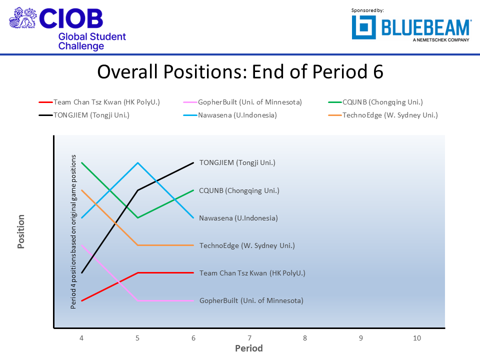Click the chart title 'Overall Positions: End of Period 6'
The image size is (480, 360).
pyautogui.click(x=240, y=72)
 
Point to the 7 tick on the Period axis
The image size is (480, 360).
pyautogui.click(x=249, y=338)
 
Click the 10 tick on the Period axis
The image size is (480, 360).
pyautogui.click(x=417, y=338)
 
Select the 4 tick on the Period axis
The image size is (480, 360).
pyautogui.click(x=81, y=338)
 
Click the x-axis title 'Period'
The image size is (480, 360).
pyautogui.click(x=249, y=348)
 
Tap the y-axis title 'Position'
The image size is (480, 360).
pyautogui.click(x=21, y=231)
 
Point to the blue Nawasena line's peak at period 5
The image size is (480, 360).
pyautogui.click(x=137, y=162)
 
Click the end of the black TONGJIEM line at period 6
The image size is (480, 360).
pyautogui.click(x=193, y=162)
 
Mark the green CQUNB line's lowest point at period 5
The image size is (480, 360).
pyautogui.click(x=137, y=217)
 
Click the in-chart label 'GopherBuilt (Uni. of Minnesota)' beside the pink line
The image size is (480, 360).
pyautogui.click(x=251, y=300)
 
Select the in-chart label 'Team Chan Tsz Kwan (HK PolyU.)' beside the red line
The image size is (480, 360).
pyautogui.click(x=252, y=273)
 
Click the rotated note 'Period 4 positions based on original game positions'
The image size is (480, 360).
pyautogui.click(x=73, y=231)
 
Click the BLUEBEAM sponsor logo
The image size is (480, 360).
pyautogui.click(x=411, y=27)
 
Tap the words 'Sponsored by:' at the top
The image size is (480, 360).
pyautogui.click(x=368, y=10)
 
